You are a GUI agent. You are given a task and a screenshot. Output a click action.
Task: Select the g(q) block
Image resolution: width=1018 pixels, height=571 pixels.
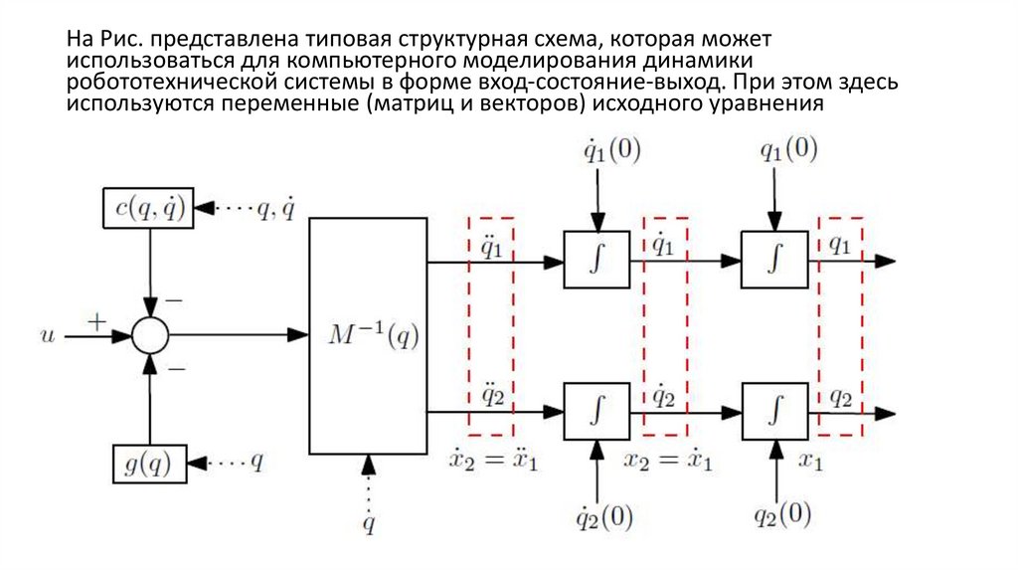coord(149,463)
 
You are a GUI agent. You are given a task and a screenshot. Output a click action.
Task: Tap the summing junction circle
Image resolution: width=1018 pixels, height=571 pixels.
coord(149,336)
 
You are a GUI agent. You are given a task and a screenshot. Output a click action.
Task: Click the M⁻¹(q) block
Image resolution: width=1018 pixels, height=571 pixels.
coord(367,336)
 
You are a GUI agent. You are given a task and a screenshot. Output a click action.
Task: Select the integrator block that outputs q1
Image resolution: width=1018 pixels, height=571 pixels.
coord(774,261)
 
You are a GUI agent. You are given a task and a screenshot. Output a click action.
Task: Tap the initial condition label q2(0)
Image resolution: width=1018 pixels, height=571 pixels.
coord(781,516)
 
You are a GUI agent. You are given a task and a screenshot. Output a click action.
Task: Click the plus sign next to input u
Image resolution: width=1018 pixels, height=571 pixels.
coord(96,321)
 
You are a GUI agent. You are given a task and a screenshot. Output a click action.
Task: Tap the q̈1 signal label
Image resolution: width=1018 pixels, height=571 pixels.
coord(492,245)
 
